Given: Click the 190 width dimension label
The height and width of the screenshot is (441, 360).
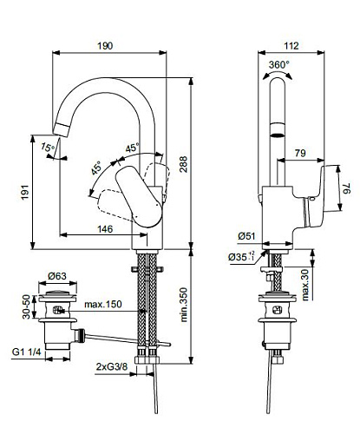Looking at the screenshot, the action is (105, 46).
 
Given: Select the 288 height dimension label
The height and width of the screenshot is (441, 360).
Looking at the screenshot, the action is (183, 164).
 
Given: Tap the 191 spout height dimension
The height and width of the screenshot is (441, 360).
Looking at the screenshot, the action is (25, 192).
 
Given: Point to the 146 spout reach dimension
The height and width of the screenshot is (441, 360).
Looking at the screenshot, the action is (105, 229).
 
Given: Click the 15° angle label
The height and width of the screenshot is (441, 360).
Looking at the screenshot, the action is (47, 148).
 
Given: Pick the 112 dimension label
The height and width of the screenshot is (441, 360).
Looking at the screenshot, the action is (291, 46).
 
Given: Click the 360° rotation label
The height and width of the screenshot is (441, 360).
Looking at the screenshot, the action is (278, 64).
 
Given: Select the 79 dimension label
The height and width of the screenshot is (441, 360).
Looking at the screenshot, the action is (300, 153).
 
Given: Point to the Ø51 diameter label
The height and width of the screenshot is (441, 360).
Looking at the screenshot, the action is (246, 236).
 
